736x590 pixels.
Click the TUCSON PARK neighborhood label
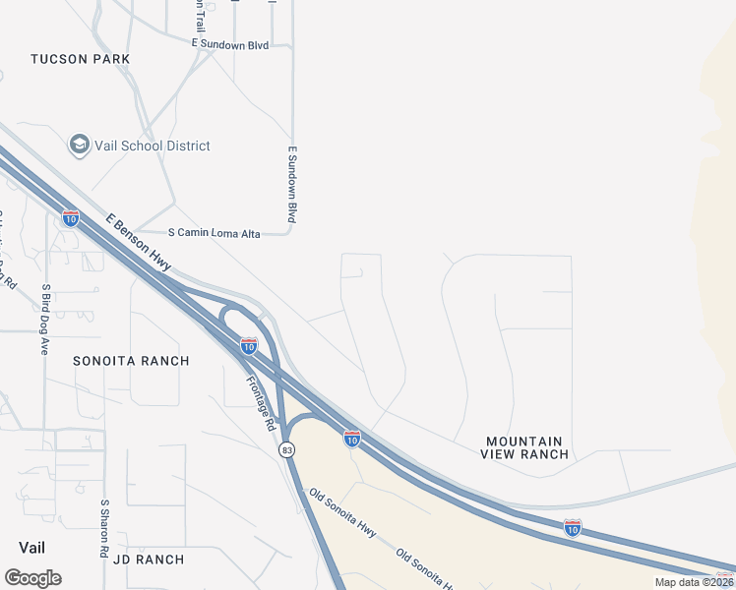pos(81,59)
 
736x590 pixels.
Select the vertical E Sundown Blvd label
pos(292,185)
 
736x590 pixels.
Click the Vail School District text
pos(153,146)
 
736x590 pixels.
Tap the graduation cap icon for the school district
pos(79,146)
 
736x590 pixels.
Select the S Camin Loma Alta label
pos(214,233)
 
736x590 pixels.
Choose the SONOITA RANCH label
pos(131,361)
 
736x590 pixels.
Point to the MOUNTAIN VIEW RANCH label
pos(524,448)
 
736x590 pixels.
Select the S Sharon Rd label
pos(104,528)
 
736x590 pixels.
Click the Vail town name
pos(32,547)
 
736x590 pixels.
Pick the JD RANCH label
pos(149,560)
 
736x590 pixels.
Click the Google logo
pos(32,578)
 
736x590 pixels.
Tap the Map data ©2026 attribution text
pos(695,582)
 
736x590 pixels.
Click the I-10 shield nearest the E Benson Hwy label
pos(71,217)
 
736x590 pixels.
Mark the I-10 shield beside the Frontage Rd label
pos(249,346)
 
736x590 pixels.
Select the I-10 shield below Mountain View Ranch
pos(573,527)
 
